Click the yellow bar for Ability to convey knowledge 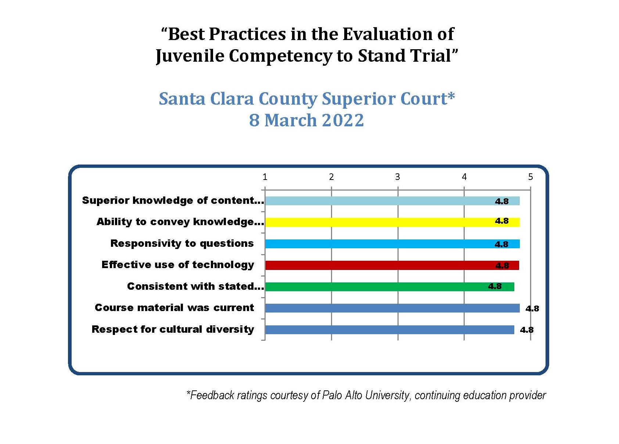tap(392, 222)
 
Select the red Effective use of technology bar tap(392, 265)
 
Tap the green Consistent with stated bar tap(390, 287)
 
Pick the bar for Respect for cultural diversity tap(390, 330)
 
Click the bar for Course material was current tap(392, 308)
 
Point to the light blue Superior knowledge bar tap(392, 201)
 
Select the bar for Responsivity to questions tap(392, 244)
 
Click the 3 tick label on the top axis tap(397, 177)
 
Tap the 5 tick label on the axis tap(530, 177)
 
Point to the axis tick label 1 tap(265, 177)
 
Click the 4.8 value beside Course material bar tap(532, 308)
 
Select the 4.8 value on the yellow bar tap(502, 221)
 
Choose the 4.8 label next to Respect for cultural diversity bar tap(527, 330)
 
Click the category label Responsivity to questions tap(182, 243)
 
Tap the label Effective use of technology tap(178, 265)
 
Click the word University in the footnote tap(387, 395)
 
